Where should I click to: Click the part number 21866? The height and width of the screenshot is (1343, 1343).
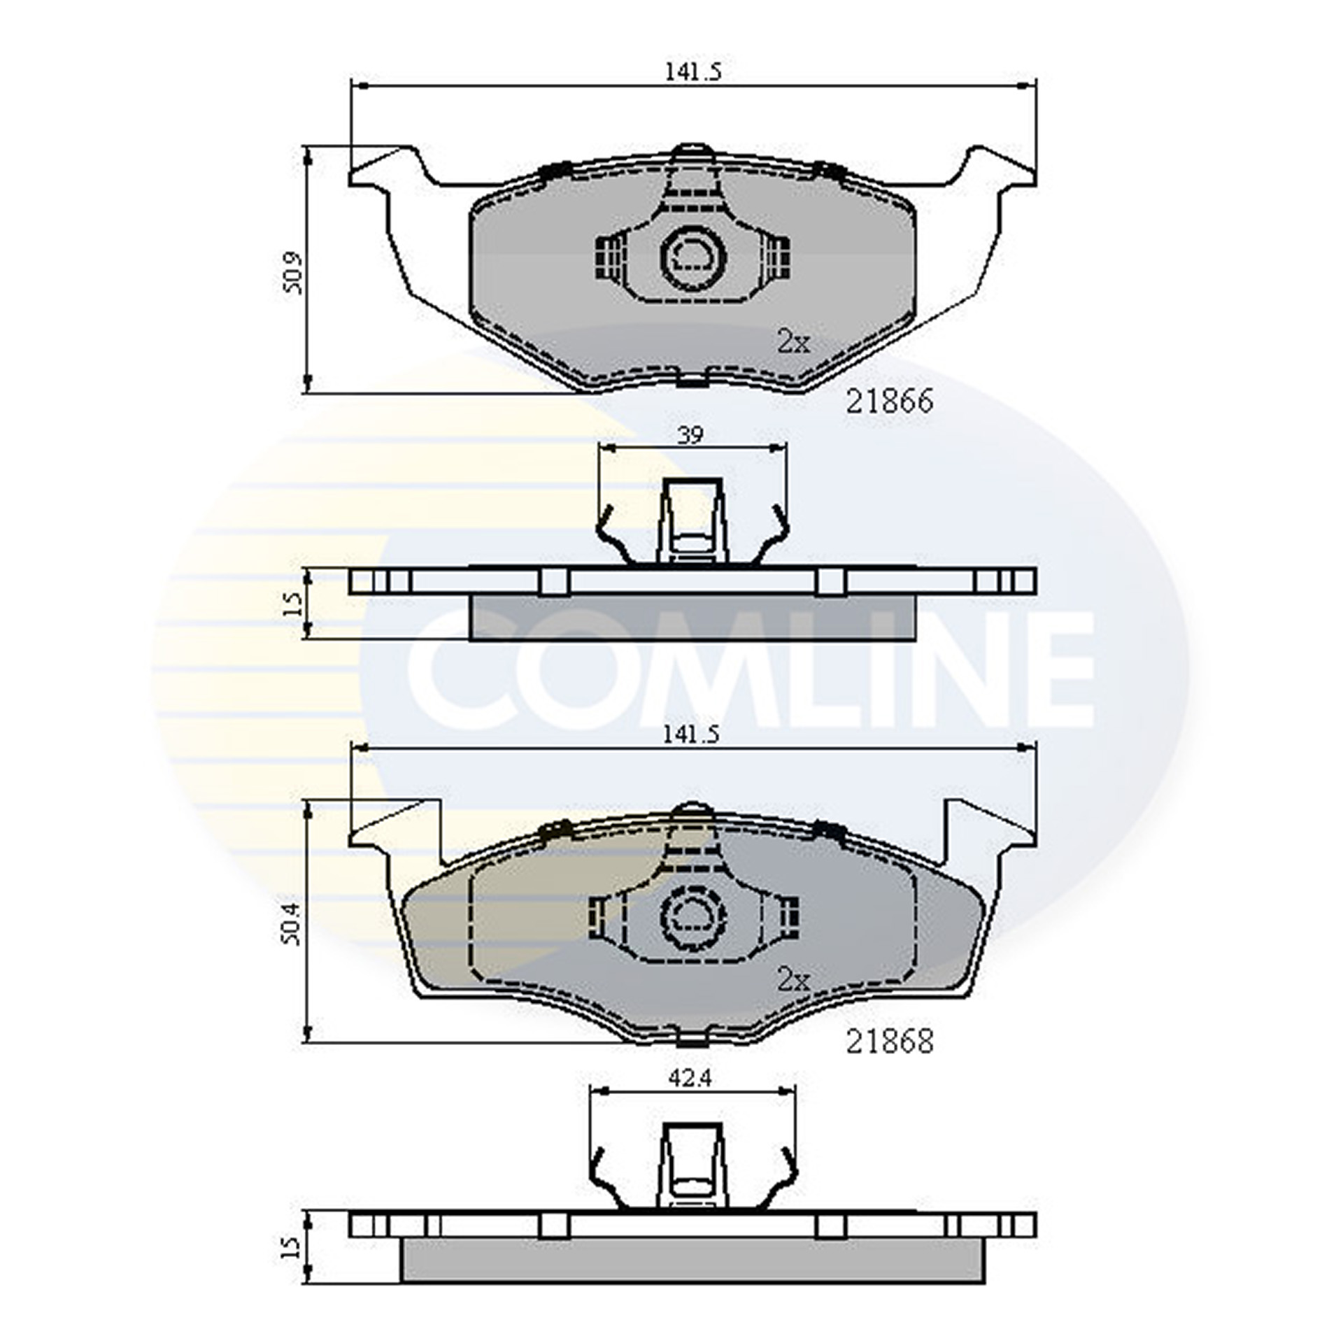(x=889, y=402)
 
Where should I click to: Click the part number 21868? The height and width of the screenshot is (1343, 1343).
(x=889, y=1042)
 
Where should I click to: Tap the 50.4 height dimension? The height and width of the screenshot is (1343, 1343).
(x=293, y=923)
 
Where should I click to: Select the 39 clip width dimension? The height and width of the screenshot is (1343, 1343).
(x=690, y=435)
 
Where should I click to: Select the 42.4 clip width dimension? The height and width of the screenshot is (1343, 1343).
(x=690, y=1079)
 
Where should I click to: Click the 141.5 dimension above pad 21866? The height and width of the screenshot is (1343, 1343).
(x=692, y=72)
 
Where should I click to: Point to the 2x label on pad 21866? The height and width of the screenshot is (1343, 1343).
(x=793, y=343)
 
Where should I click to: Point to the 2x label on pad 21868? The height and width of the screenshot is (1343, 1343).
(x=793, y=981)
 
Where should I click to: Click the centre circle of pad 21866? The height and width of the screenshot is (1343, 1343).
(x=693, y=256)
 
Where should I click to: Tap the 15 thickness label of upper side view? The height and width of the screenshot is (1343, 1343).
(x=294, y=602)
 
